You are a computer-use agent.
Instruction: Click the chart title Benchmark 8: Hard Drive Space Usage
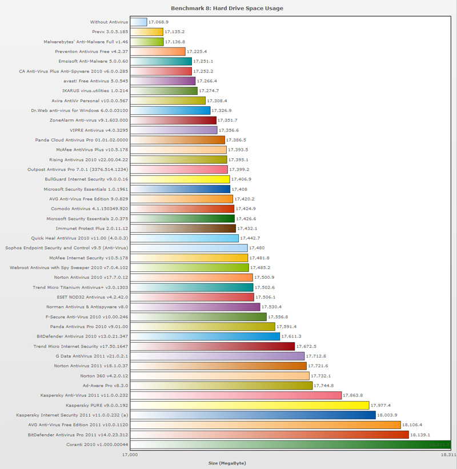click(x=227, y=9)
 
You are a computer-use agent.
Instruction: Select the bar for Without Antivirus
click(x=139, y=22)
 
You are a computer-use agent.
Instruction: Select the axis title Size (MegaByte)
click(x=227, y=463)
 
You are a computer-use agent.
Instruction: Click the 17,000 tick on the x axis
click(x=131, y=455)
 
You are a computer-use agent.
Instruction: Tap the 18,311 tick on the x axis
click(x=448, y=455)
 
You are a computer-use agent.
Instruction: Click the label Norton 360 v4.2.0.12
click(x=105, y=375)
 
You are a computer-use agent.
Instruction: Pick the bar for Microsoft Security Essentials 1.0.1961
click(x=180, y=189)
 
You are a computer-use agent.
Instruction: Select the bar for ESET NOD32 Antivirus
click(x=192, y=297)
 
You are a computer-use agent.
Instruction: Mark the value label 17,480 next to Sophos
click(x=258, y=248)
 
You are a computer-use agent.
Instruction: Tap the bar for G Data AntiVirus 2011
click(x=218, y=356)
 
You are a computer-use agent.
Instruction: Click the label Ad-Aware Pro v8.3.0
click(x=106, y=386)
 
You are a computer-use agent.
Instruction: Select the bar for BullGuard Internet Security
click(x=180, y=179)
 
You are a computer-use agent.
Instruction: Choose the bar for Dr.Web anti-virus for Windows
click(x=170, y=110)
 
